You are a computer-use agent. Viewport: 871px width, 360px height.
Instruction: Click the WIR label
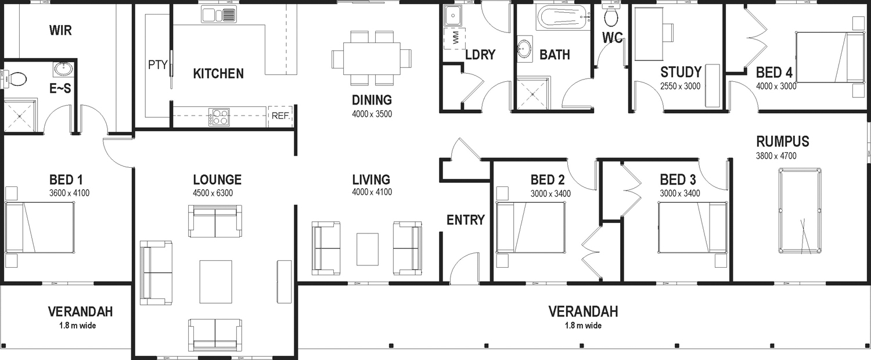click(x=60, y=30)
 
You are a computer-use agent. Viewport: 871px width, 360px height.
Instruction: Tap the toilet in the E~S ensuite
click(x=15, y=79)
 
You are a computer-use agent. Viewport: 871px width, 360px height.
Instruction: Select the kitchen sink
click(x=219, y=15)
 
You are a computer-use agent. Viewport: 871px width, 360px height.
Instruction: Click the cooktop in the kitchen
click(x=219, y=117)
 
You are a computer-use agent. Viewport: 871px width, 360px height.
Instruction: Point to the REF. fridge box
click(x=280, y=116)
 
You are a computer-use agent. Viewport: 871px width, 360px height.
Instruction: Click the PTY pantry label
click(x=158, y=65)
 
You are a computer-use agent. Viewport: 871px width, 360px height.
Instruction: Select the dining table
click(x=372, y=58)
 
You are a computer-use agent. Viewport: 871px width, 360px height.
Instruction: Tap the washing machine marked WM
click(x=455, y=38)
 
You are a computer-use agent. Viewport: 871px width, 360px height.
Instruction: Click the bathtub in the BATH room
click(x=564, y=17)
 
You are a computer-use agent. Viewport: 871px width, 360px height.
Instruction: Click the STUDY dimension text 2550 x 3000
click(x=680, y=87)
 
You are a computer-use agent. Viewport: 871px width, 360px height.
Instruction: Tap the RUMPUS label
click(x=782, y=141)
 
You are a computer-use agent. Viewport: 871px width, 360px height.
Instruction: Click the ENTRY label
click(x=466, y=220)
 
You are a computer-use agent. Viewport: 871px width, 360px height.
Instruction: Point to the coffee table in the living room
click(x=368, y=249)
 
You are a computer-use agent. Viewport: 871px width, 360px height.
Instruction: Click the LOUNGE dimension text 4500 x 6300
click(x=213, y=193)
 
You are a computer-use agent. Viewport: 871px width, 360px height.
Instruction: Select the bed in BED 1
click(x=39, y=228)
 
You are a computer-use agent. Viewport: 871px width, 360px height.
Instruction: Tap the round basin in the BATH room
click(x=524, y=49)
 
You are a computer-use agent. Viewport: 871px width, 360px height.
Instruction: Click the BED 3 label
click(x=678, y=179)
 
